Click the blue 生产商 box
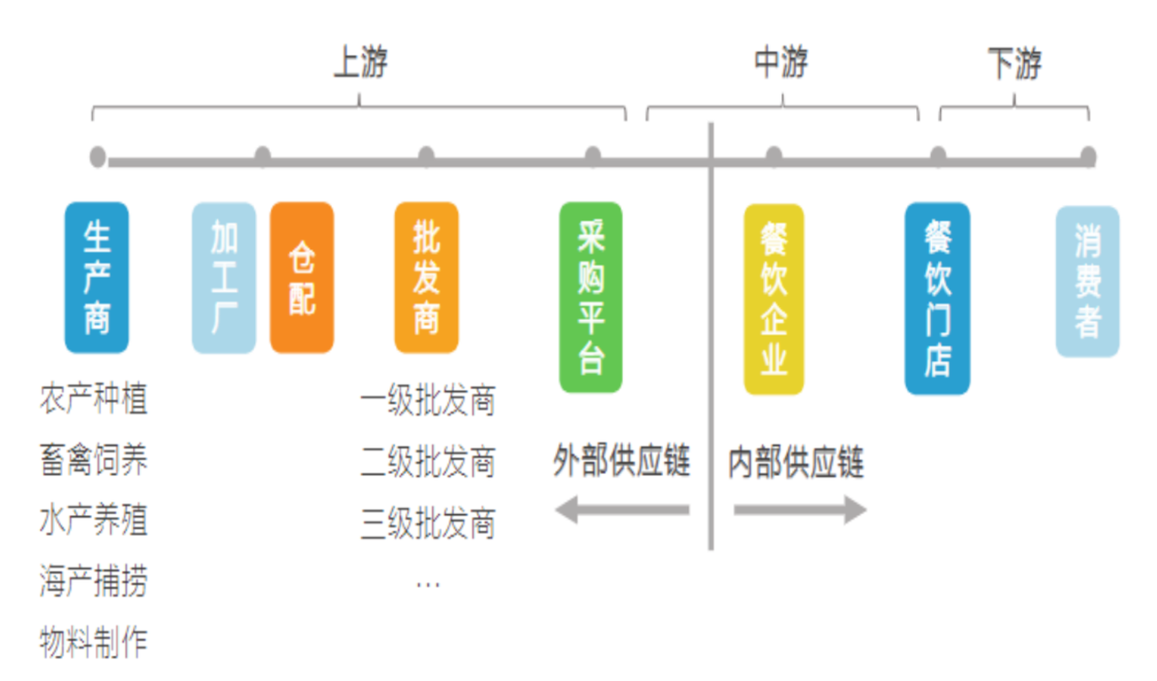tap(97, 277)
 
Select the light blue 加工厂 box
tap(223, 277)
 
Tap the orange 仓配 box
tap(302, 277)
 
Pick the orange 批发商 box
tap(426, 277)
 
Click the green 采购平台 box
tap(591, 297)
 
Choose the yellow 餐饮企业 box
tap(773, 298)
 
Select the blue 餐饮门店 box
tap(937, 298)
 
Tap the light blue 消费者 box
tap(1087, 281)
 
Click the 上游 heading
tap(361, 64)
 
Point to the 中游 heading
tap(781, 63)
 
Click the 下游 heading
tap(1014, 64)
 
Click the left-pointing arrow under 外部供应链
tap(622, 510)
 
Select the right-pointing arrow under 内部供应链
tap(800, 510)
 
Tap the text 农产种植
tap(93, 399)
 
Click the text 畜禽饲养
tap(93, 460)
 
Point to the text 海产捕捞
tap(93, 582)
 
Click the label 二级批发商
tap(428, 462)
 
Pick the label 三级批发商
tap(428, 523)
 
